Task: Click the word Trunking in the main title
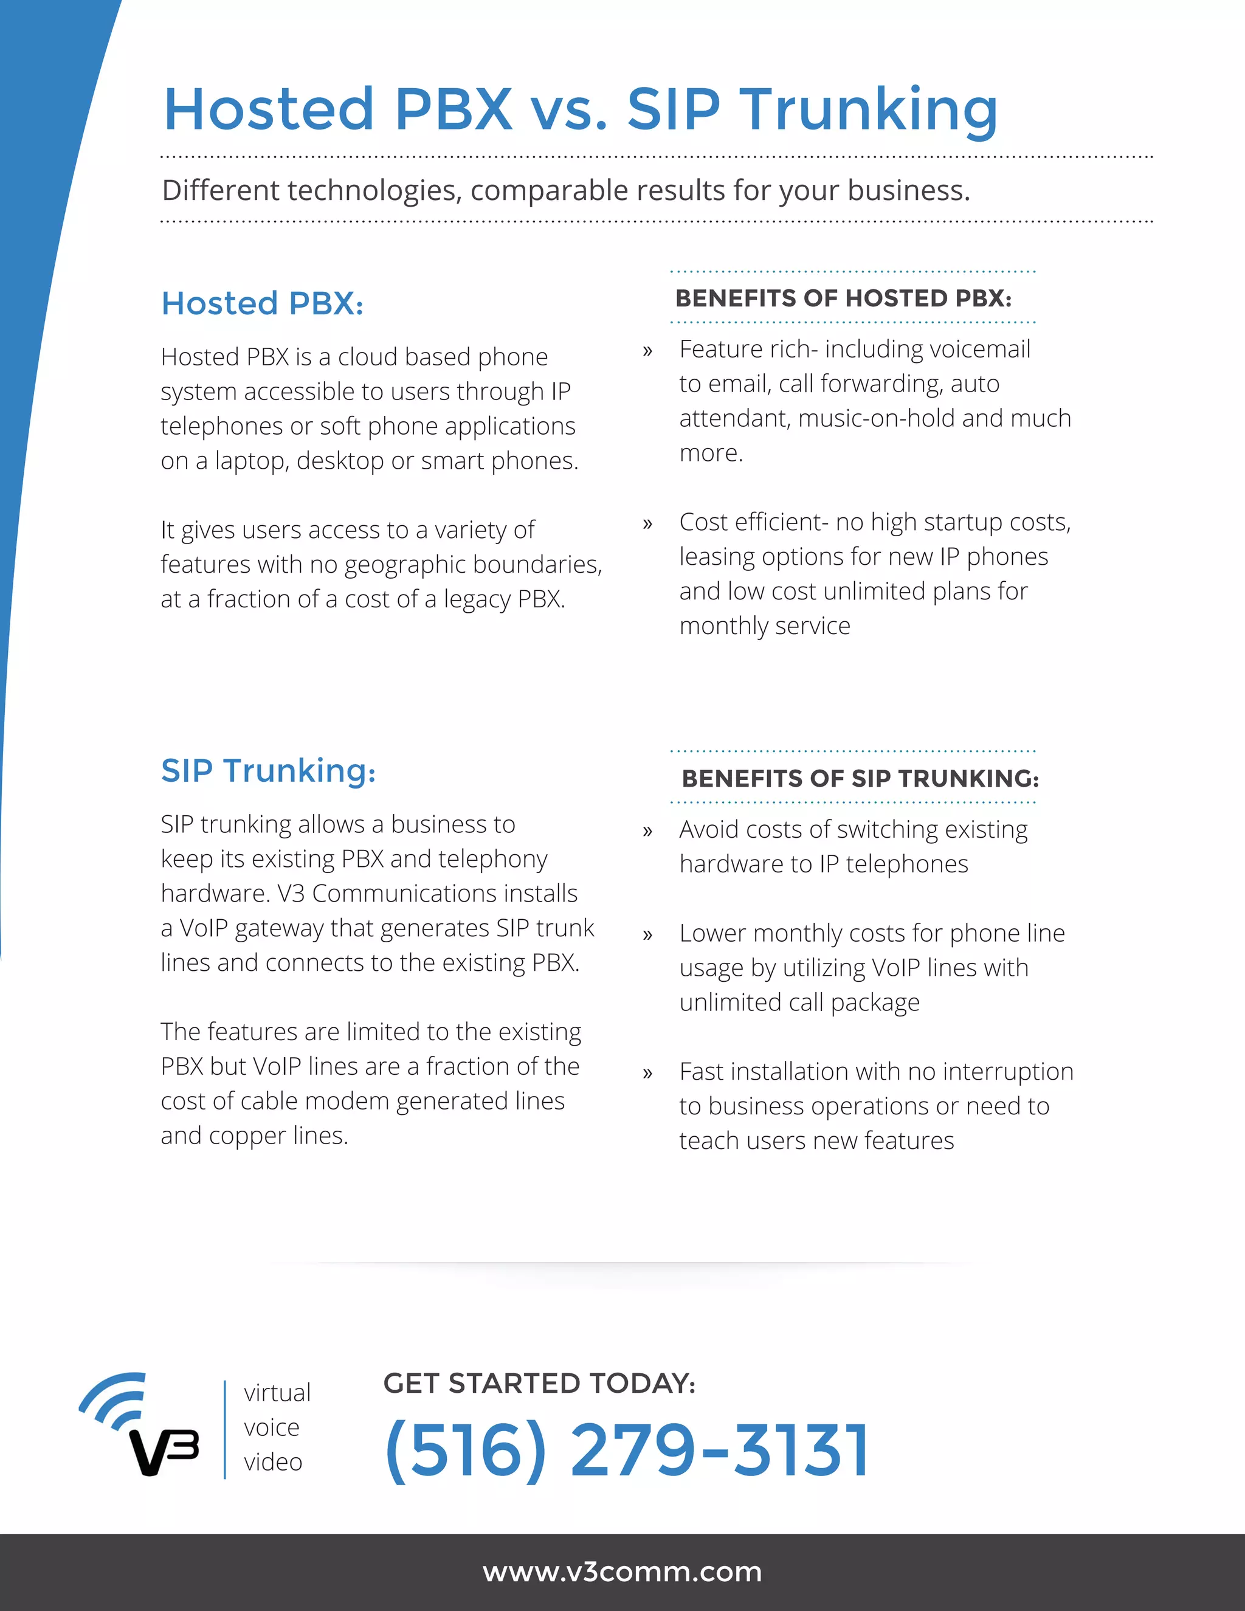click(x=868, y=110)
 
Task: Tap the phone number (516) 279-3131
click(x=626, y=1450)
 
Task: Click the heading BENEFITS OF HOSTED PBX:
click(x=843, y=298)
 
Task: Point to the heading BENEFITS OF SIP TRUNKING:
click(x=860, y=778)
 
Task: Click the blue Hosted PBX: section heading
click(x=263, y=303)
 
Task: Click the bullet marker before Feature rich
click(x=647, y=351)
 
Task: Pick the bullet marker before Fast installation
click(x=647, y=1073)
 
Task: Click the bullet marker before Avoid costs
click(x=647, y=831)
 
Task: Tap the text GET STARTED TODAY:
click(x=539, y=1383)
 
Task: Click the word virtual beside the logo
click(x=277, y=1393)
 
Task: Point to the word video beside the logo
click(x=273, y=1461)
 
